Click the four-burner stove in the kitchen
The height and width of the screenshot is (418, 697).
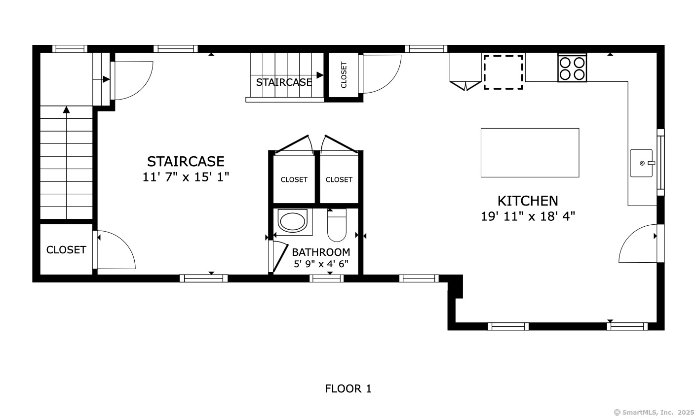572,68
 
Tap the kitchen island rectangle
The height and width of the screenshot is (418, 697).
530,153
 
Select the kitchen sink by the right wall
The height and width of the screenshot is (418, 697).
642,163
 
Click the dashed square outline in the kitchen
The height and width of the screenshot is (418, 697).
503,72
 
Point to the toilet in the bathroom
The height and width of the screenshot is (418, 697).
337,225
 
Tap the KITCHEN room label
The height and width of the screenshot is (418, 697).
528,201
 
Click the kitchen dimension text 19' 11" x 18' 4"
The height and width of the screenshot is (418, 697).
528,216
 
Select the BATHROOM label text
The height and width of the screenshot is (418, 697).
321,252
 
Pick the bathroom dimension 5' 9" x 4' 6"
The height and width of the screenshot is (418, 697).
321,264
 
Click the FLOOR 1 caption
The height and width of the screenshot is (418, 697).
348,389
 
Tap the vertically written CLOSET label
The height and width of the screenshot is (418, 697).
344,75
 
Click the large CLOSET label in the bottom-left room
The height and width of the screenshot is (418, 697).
66,250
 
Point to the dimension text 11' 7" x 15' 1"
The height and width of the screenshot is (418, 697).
186,177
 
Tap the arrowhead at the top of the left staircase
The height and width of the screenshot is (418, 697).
66,110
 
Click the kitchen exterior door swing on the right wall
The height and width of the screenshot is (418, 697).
638,244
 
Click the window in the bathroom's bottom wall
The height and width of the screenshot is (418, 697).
326,279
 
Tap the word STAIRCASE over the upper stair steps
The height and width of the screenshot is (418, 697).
284,82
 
